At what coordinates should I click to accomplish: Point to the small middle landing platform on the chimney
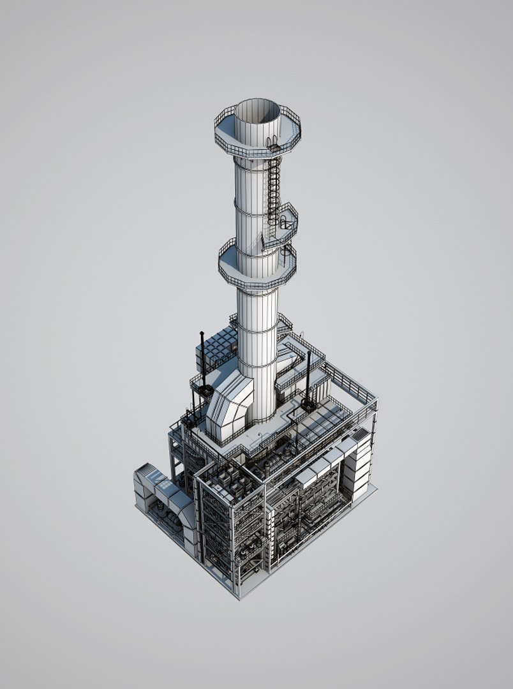(x=285, y=220)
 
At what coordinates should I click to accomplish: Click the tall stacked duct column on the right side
(x=361, y=466)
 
